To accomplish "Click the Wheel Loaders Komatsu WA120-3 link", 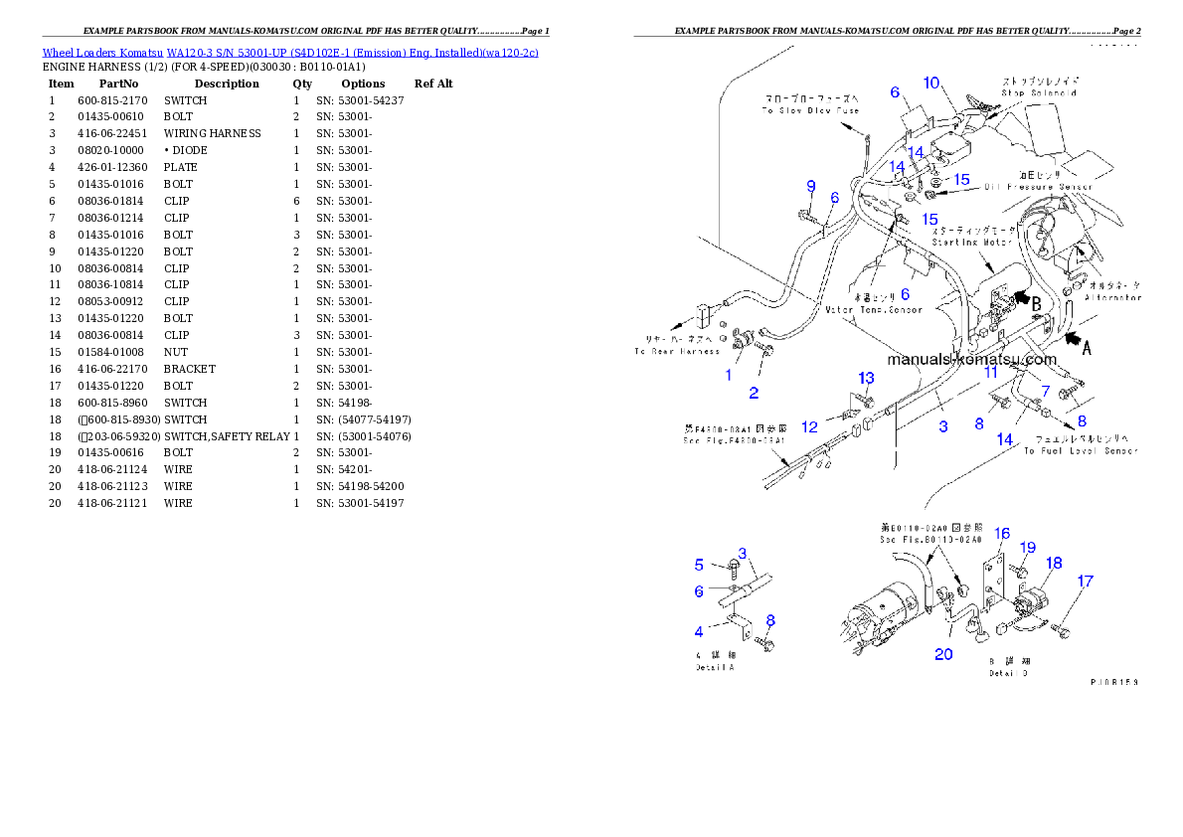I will tap(290, 52).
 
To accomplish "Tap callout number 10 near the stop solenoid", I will tap(930, 83).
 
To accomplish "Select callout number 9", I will tap(811, 186).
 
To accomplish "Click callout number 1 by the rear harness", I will tap(729, 375).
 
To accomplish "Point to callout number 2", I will tap(754, 393).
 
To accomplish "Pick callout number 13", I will tap(867, 378).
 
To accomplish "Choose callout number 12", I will tap(810, 426).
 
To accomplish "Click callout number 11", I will tap(990, 372).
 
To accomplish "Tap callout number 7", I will tap(1045, 391).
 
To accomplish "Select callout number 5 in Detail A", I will tap(699, 565).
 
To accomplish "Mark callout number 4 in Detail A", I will tap(699, 630).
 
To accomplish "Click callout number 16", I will tap(1002, 534).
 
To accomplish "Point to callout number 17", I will tap(1086, 582).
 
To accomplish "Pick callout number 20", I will tap(943, 653).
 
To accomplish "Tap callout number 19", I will tap(1028, 548).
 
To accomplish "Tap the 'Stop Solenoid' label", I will tap(1039, 92).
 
